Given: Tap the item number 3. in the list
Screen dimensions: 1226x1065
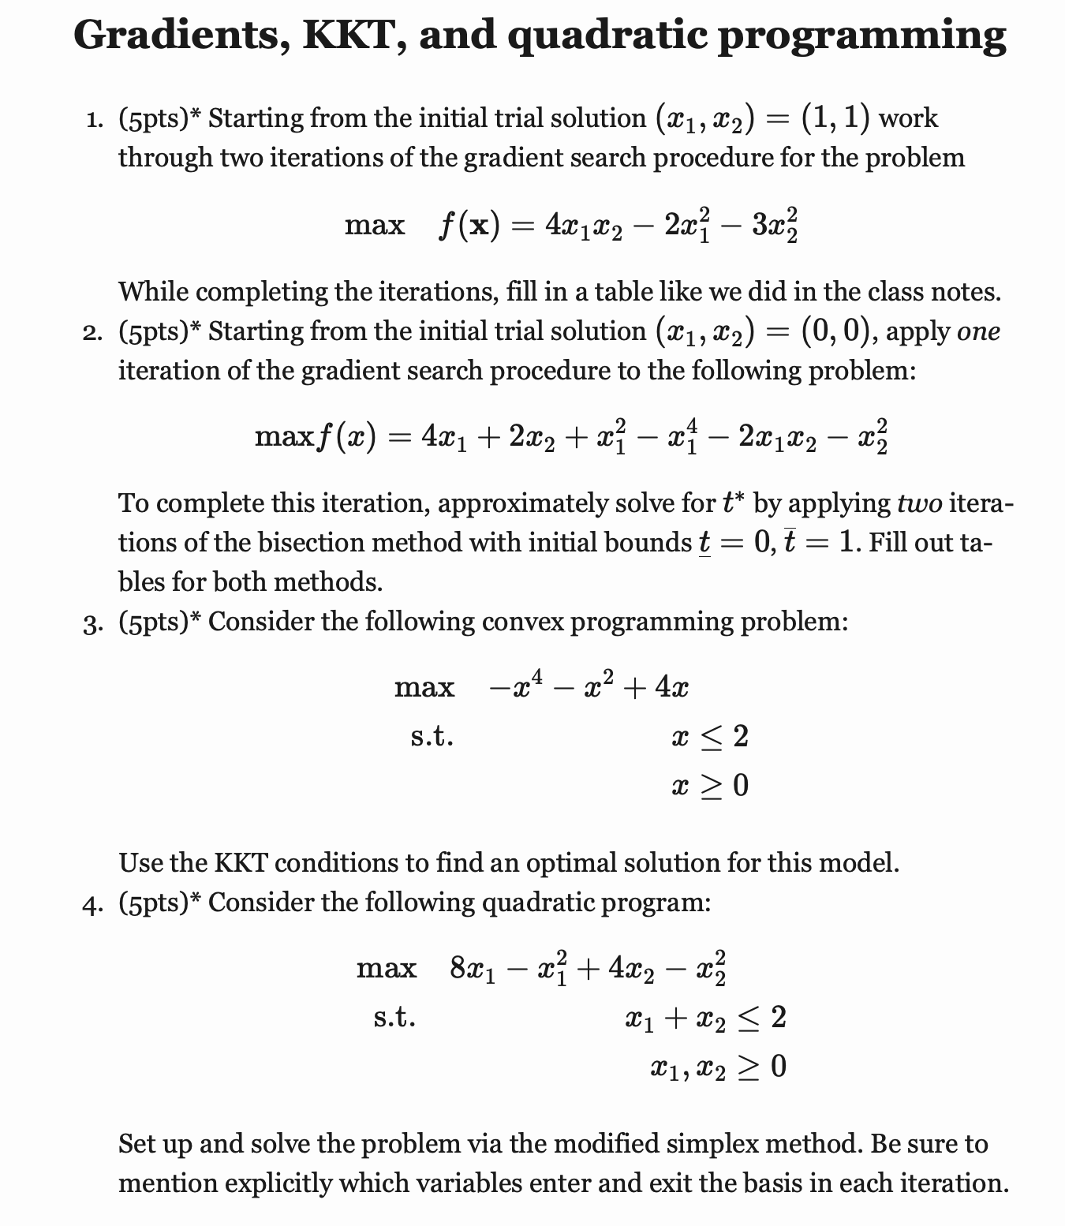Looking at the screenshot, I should [93, 622].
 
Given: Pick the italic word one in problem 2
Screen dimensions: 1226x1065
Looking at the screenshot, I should [978, 331].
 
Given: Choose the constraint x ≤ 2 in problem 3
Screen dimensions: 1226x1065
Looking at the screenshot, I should [709, 737].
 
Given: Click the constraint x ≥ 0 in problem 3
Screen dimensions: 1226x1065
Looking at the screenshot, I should [709, 786].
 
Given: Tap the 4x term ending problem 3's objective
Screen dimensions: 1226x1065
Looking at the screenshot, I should [671, 688].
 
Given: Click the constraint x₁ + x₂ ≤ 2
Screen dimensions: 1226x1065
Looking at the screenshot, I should [704, 1019].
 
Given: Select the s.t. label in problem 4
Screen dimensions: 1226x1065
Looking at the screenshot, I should [394, 1019].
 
